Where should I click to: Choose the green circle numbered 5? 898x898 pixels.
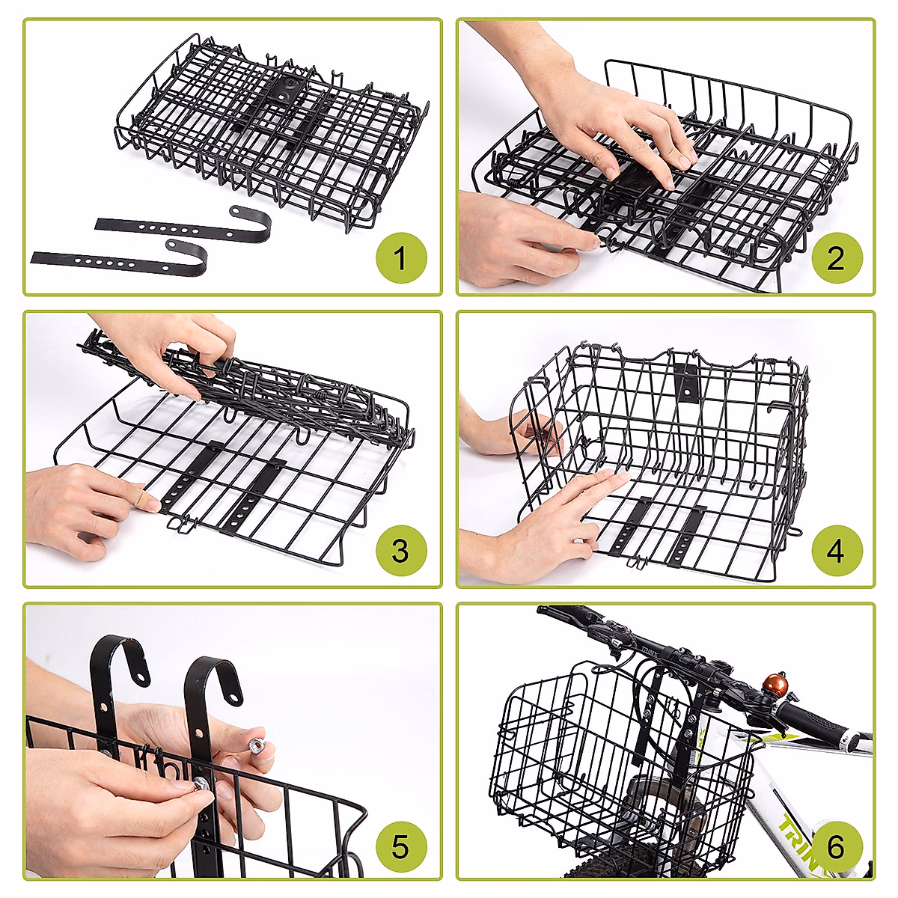click(400, 846)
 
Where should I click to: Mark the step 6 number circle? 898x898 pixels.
click(836, 846)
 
